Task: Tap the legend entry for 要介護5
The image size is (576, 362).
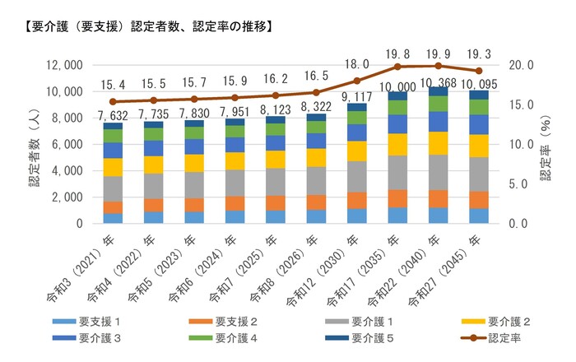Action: pyautogui.click(x=374, y=337)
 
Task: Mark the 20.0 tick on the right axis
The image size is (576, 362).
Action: pyautogui.click(x=522, y=65)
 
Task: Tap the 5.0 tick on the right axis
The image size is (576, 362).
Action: pyautogui.click(x=519, y=183)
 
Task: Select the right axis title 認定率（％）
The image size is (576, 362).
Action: pyautogui.click(x=547, y=144)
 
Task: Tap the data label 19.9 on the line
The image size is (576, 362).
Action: pyautogui.click(x=438, y=53)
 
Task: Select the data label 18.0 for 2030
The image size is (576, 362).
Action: pyautogui.click(x=356, y=64)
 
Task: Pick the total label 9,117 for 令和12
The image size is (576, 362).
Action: pyautogui.click(x=356, y=95)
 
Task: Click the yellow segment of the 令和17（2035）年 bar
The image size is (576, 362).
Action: pyautogui.click(x=397, y=144)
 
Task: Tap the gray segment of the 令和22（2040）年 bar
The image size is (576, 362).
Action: pyautogui.click(x=438, y=172)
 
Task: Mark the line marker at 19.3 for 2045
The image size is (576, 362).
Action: pyautogui.click(x=478, y=71)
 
